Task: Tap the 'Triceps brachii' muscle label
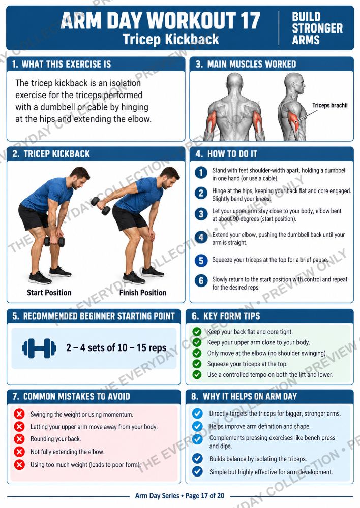[330, 105]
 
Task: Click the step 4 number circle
[201, 237]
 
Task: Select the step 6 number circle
[201, 280]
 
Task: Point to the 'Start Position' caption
[49, 293]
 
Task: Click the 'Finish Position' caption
[143, 293]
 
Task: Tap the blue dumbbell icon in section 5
[39, 348]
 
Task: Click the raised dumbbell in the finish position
[101, 206]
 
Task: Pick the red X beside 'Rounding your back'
[19, 439]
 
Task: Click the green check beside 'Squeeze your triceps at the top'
[197, 364]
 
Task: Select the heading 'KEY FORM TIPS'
[231, 316]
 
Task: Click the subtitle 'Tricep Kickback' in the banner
[171, 39]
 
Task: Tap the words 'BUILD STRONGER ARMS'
[317, 28]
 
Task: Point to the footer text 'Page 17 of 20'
[204, 496]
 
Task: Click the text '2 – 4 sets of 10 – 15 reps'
[116, 348]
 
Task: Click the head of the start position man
[80, 177]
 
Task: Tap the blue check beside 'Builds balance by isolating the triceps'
[197, 459]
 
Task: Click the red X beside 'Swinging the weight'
[19, 414]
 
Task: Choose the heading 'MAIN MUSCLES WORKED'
[252, 64]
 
